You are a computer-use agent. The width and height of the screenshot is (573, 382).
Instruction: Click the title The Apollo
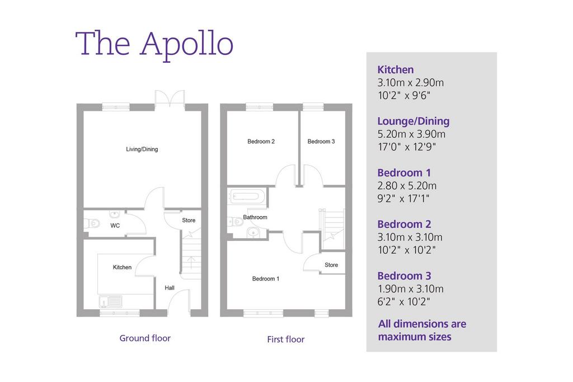tap(154, 44)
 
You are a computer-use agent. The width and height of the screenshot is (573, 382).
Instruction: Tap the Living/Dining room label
tap(142, 150)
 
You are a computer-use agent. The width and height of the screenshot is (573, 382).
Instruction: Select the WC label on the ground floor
tap(115, 226)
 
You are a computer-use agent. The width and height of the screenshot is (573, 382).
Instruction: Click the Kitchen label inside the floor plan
tap(122, 268)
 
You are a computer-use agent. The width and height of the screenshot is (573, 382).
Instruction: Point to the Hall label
tap(169, 288)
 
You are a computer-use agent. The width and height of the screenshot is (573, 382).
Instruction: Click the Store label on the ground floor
tap(189, 220)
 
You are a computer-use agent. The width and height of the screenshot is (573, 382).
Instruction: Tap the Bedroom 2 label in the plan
tap(261, 142)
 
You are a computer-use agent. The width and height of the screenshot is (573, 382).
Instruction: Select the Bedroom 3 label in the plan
tap(321, 142)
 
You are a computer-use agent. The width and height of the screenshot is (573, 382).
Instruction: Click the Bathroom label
tap(255, 217)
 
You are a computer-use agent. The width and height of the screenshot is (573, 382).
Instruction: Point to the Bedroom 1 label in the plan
tap(266, 279)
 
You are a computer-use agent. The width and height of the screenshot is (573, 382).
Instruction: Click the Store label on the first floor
tap(331, 265)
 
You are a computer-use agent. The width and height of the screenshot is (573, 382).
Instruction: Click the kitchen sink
tap(111, 302)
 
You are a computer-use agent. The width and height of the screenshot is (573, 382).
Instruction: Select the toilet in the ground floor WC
tap(92, 223)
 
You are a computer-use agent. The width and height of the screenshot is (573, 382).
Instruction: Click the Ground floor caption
tap(145, 338)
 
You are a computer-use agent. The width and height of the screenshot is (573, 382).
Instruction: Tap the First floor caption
tap(286, 339)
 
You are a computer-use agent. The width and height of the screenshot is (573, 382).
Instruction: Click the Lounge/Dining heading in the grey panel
tap(414, 121)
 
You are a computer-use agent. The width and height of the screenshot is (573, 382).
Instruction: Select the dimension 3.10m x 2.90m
tap(411, 83)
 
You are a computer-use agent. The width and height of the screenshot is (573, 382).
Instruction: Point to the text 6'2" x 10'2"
tap(404, 302)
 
